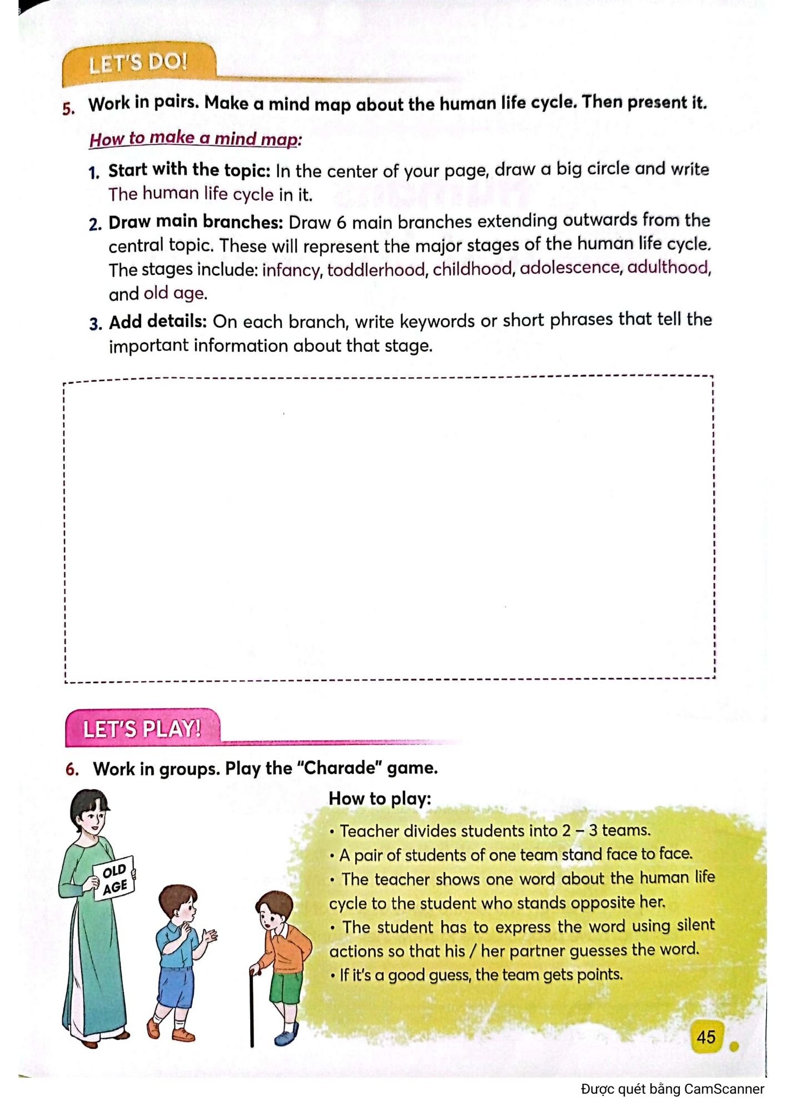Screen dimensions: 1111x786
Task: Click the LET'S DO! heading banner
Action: [x=138, y=63]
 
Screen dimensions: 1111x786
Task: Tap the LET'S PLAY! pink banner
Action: [x=142, y=728]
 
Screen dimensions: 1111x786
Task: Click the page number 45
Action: [x=706, y=1037]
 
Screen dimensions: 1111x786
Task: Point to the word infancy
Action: [x=292, y=270]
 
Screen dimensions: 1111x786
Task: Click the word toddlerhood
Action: [x=377, y=269]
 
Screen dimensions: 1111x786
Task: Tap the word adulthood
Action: [x=669, y=267]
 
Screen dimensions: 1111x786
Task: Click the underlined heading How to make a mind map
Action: [x=195, y=138]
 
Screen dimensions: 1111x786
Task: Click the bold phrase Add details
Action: [x=158, y=322]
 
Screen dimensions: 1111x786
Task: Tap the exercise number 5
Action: [x=68, y=108]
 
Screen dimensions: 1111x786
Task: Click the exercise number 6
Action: [x=72, y=769]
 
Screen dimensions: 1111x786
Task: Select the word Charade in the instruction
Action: [x=340, y=768]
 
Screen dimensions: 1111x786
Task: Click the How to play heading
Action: [x=380, y=799]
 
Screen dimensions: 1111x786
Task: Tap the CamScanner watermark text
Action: [x=672, y=1089]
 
